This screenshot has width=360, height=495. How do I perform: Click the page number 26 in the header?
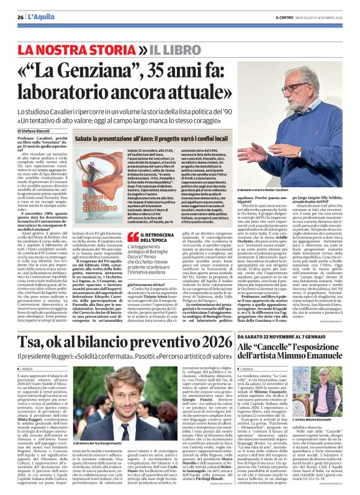click(x=20, y=7)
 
